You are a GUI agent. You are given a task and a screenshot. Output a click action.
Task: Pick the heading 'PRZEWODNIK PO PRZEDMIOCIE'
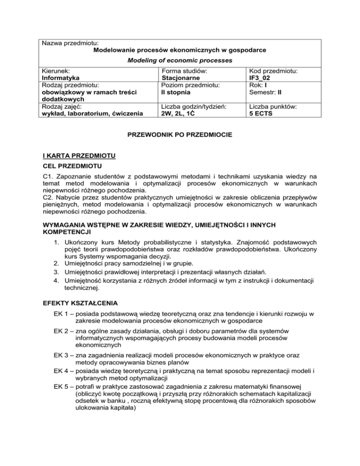[180, 135]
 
